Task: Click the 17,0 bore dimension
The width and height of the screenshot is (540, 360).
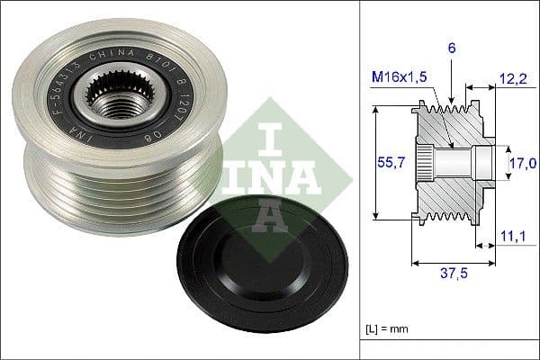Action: [x=523, y=162]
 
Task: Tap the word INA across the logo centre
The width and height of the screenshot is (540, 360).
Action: [x=270, y=175]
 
